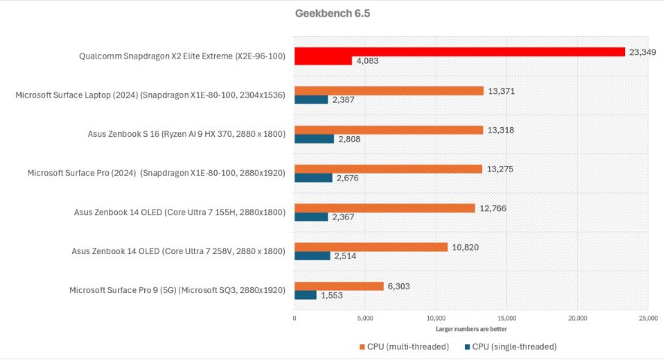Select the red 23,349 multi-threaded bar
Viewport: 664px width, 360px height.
click(x=460, y=52)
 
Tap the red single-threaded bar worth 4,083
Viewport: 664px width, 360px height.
click(x=323, y=61)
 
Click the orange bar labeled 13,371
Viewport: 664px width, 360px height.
click(x=388, y=91)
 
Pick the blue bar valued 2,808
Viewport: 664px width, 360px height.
click(x=314, y=139)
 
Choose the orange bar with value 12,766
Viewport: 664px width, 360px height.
click(x=385, y=208)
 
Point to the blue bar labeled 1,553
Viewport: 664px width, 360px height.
click(x=305, y=295)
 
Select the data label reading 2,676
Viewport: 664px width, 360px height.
click(x=350, y=178)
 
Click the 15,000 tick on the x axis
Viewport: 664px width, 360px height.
click(x=506, y=319)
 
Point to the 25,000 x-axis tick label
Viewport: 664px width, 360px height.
click(x=647, y=319)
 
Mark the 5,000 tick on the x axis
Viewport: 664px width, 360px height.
click(x=365, y=319)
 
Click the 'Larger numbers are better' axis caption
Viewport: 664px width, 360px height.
click(x=470, y=328)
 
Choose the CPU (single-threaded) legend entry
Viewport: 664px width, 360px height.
click(x=511, y=346)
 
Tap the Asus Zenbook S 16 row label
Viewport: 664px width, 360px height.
click(x=186, y=135)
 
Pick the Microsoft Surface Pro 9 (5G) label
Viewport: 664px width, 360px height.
click(x=177, y=290)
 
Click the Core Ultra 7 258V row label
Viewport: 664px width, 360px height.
click(x=179, y=251)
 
